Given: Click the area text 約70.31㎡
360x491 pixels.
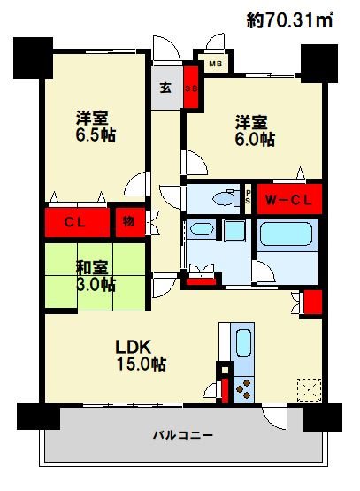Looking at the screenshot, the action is (x=289, y=20).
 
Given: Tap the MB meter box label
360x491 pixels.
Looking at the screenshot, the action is (x=215, y=64).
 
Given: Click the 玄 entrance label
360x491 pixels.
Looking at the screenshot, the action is (x=165, y=88).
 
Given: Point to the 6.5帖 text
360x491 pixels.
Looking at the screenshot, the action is (x=96, y=135).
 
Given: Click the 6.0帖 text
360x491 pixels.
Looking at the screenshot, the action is (x=255, y=140).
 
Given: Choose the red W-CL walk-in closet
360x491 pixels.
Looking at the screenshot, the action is (x=289, y=199).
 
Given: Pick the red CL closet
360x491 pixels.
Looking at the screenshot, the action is (x=77, y=222).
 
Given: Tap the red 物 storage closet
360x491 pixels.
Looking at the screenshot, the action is (x=130, y=222).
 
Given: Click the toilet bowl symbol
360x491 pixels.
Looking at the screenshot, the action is (x=224, y=198).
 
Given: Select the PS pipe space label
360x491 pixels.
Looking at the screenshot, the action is (x=248, y=197).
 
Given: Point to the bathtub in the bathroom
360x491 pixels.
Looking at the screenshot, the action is (x=286, y=234).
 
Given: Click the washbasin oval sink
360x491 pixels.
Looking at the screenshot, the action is (x=202, y=229).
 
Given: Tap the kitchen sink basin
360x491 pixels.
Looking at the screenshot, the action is (x=244, y=342).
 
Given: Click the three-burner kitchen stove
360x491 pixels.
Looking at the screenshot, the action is (x=243, y=389).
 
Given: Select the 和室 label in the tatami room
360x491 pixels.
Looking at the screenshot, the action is (x=92, y=268).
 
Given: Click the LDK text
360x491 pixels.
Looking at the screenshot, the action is (x=134, y=347).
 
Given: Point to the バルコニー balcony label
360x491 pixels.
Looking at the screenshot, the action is (x=183, y=435).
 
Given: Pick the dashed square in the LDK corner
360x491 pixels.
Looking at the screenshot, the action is (x=309, y=390).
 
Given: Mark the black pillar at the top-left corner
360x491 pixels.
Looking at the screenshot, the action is (x=33, y=58).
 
